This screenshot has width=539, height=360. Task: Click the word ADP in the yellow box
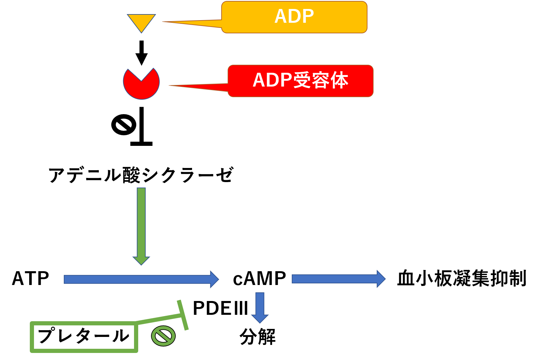click(x=294, y=16)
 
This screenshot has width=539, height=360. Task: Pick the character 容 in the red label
click(x=321, y=80)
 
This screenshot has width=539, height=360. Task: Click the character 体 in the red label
click(x=340, y=80)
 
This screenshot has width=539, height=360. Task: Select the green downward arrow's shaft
click(x=141, y=221)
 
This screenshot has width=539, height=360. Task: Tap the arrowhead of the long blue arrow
click(x=214, y=279)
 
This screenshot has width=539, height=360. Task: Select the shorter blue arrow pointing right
click(x=337, y=279)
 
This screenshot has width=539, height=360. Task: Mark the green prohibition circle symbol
click(x=164, y=336)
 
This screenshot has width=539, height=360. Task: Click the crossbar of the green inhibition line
click(x=183, y=315)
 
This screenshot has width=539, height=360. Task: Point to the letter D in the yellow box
click(x=294, y=16)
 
